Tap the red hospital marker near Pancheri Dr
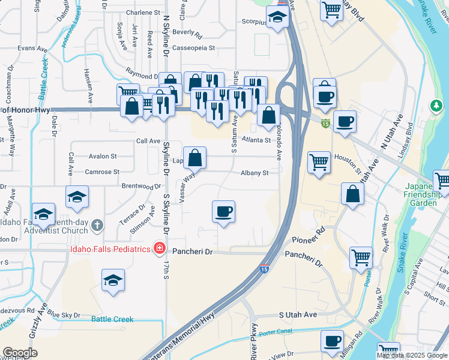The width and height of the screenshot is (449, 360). (x=158, y=248)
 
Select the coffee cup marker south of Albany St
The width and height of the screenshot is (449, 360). (x=223, y=212)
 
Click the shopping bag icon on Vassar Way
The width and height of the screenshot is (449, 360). (x=195, y=159)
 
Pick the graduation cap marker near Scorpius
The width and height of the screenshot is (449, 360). (x=277, y=17)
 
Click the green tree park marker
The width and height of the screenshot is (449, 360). (x=436, y=106)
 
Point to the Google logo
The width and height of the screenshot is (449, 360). (x=20, y=353)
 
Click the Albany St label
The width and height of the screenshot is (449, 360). (x=255, y=173)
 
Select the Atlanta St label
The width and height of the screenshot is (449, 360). (x=257, y=140)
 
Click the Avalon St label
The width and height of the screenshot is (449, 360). (x=103, y=156)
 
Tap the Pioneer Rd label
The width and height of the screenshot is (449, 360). (x=308, y=235)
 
